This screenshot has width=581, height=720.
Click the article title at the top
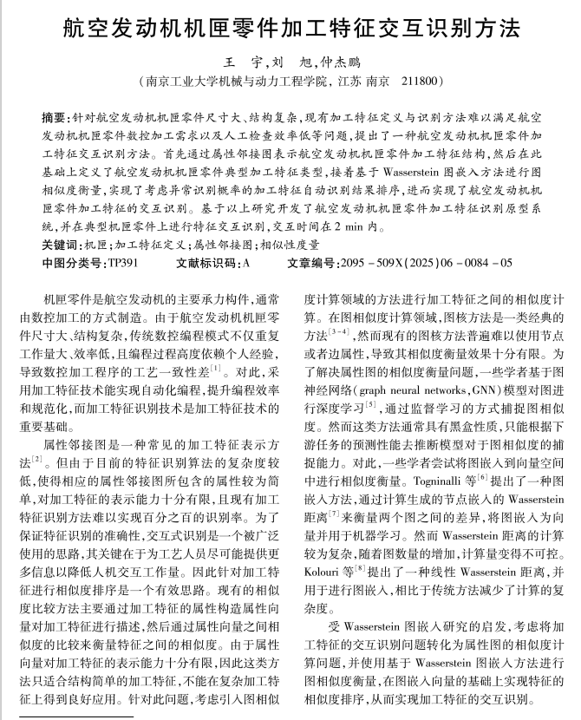coord(291,29)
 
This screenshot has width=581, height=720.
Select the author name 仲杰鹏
coord(342,64)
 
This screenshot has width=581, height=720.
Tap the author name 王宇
coord(238,64)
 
